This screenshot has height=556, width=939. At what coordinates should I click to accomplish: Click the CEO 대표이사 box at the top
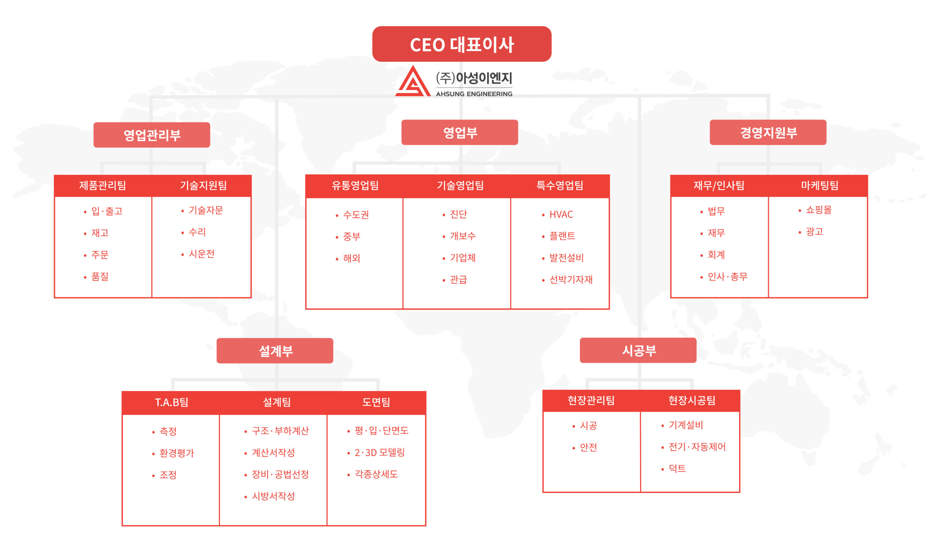tap(461, 44)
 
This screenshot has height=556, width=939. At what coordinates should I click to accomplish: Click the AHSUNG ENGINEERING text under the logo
tap(474, 94)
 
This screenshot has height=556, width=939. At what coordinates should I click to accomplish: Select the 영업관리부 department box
tap(152, 135)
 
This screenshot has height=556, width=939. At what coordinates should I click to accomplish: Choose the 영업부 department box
tap(460, 132)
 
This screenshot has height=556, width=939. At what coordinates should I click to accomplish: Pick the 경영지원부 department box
tap(768, 132)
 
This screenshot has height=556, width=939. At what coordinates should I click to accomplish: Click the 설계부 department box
tap(275, 351)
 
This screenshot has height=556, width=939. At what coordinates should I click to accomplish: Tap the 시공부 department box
tap(638, 350)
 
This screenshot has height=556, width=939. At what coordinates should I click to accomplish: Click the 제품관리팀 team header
tap(103, 186)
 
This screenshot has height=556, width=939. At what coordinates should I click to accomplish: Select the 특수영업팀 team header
tap(560, 186)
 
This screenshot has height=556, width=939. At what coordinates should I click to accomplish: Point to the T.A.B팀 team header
tap(172, 402)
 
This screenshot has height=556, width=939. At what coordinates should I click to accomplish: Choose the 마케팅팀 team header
tap(819, 186)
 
